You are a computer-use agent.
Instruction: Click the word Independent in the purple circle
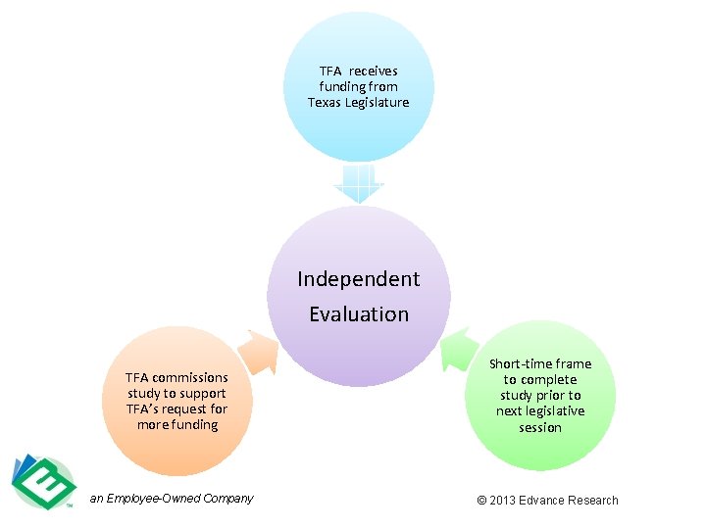pos(358,279)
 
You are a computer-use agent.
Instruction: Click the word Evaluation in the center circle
pos(358,314)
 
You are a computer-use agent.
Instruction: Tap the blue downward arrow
pos(358,183)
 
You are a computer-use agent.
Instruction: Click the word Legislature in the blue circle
pos(377,103)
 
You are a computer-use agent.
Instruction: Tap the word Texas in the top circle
pos(325,103)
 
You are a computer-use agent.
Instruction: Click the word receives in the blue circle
pos(374,72)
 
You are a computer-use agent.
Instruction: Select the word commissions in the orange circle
pos(190,377)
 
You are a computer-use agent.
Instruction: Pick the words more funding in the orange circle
pos(177,424)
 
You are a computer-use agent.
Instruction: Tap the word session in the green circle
pos(540,427)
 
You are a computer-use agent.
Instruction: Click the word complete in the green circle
pos(550,380)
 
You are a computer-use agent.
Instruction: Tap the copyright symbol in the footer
pos(481,501)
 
